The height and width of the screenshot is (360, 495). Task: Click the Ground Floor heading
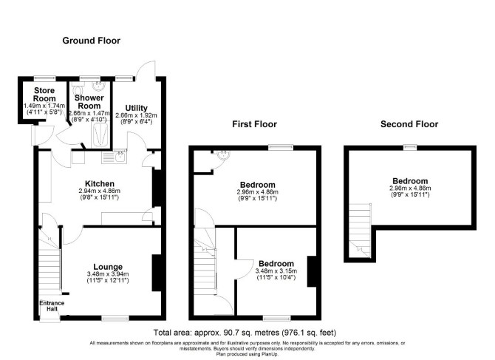[x=91, y=41]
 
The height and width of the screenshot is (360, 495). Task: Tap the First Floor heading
[x=254, y=124]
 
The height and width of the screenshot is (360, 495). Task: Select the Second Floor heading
[x=409, y=124]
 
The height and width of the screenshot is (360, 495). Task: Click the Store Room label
[x=44, y=95]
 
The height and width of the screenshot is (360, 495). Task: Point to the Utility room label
[x=137, y=108]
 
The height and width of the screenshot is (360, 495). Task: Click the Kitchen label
[x=100, y=183]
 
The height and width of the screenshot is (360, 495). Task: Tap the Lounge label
[x=108, y=267]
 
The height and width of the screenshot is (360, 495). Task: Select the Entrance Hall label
[x=52, y=306]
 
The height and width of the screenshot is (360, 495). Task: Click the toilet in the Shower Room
[x=76, y=86]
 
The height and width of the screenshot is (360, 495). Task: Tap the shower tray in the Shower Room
[x=101, y=135]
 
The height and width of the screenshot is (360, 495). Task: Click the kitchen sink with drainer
[x=114, y=156]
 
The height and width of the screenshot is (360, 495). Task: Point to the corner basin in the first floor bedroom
[x=223, y=154]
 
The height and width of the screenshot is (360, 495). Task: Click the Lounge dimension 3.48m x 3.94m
[x=108, y=274]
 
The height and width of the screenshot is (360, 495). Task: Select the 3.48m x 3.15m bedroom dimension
[x=276, y=271]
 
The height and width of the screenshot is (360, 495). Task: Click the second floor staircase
[x=360, y=231]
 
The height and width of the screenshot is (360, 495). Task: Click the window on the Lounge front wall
[x=115, y=318]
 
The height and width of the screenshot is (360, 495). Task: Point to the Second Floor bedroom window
[x=410, y=147]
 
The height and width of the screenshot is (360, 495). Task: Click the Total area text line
[x=245, y=333]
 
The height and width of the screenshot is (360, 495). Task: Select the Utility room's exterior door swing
[x=146, y=69]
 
